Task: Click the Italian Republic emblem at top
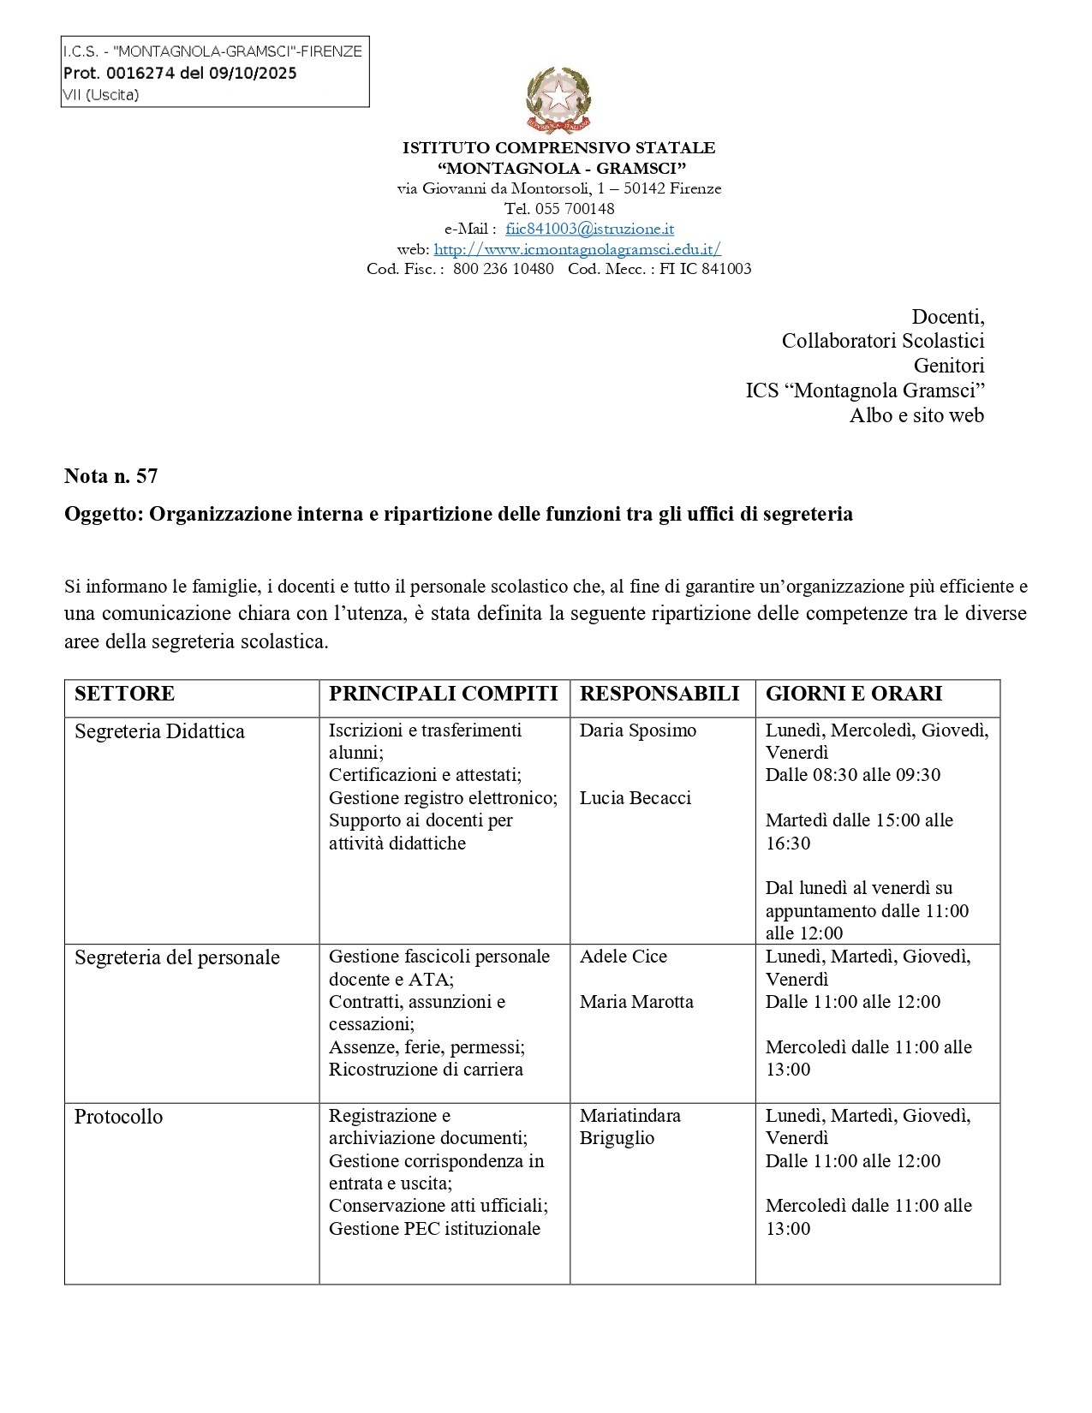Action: pyautogui.click(x=558, y=100)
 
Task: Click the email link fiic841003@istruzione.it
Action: pyautogui.click(x=589, y=229)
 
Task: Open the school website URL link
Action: pyautogui.click(x=577, y=249)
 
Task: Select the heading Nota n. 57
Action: pyautogui.click(x=110, y=476)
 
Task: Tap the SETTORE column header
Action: pyautogui.click(x=124, y=694)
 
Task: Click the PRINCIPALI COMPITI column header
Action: pyautogui.click(x=443, y=694)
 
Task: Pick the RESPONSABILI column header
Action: pyautogui.click(x=659, y=694)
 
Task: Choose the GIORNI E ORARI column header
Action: pyautogui.click(x=854, y=694)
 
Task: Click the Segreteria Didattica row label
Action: pyautogui.click(x=159, y=731)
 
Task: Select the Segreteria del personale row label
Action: pyautogui.click(x=176, y=957)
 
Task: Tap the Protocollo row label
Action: pyautogui.click(x=118, y=1117)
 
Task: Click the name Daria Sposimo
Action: pyautogui.click(x=638, y=730)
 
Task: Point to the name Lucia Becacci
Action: pyautogui.click(x=636, y=798)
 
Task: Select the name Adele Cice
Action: pyautogui.click(x=624, y=957)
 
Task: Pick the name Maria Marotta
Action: pyautogui.click(x=636, y=1002)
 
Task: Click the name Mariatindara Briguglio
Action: pyautogui.click(x=630, y=1127)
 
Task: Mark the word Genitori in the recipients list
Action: pyautogui.click(x=949, y=366)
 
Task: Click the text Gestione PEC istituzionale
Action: pyautogui.click(x=434, y=1229)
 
